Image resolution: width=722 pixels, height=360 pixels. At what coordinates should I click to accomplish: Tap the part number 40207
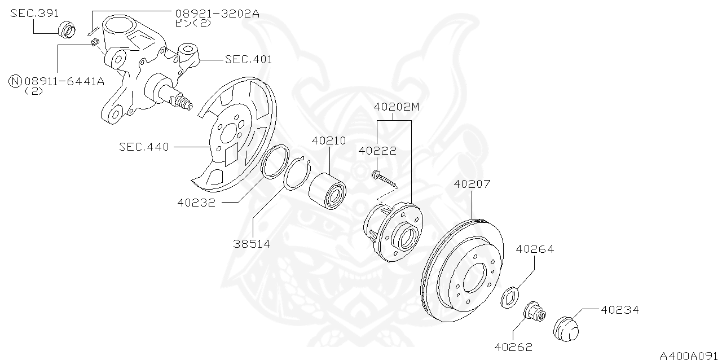[472, 184]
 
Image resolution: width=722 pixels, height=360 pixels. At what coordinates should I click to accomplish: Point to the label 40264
[535, 249]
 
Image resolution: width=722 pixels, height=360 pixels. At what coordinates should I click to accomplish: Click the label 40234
[619, 310]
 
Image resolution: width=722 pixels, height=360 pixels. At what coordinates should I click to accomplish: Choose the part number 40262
[513, 347]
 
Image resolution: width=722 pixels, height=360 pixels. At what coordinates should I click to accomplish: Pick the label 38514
[252, 244]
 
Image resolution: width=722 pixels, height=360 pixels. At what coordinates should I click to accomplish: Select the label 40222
[377, 151]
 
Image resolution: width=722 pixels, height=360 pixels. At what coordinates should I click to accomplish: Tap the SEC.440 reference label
[144, 147]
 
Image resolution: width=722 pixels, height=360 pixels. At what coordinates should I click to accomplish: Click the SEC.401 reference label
[248, 59]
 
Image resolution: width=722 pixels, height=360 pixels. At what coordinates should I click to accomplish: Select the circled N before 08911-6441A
[15, 81]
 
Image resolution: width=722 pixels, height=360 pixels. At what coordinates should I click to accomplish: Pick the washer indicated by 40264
[510, 297]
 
